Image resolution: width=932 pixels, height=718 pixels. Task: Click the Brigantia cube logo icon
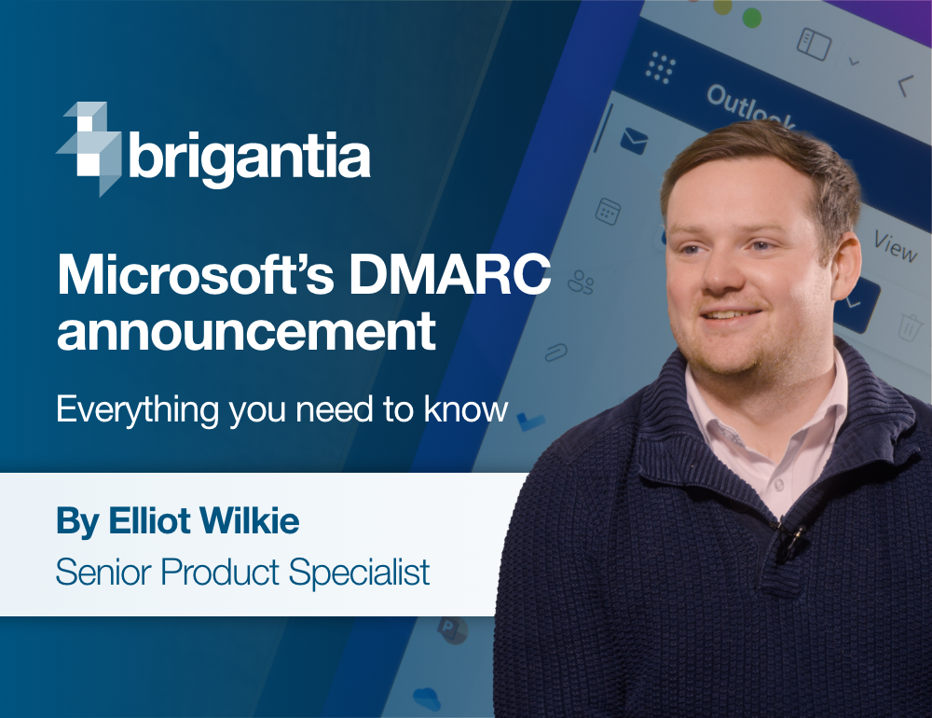[90, 148]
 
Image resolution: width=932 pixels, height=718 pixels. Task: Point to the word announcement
[246, 331]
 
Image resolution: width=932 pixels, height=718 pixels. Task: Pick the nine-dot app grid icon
[660, 68]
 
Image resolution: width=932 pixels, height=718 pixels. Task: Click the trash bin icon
[909, 327]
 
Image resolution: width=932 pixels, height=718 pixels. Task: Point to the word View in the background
[895, 247]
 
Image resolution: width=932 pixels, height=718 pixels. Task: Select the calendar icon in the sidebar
[609, 211]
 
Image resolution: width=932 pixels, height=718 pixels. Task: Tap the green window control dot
[749, 17]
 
